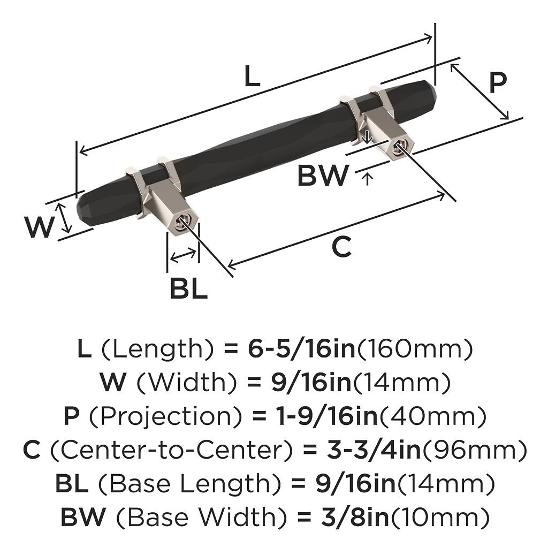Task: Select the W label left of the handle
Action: tap(39, 227)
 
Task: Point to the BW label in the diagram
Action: tap(323, 175)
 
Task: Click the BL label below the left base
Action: tap(189, 287)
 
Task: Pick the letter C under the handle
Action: tap(341, 247)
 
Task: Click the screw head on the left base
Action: tap(182, 222)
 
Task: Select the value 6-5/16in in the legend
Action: tap(302, 349)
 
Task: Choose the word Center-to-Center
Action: tap(172, 450)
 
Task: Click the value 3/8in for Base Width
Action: tap(355, 517)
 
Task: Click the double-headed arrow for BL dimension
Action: tap(183, 255)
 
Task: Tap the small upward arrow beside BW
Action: tap(367, 179)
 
